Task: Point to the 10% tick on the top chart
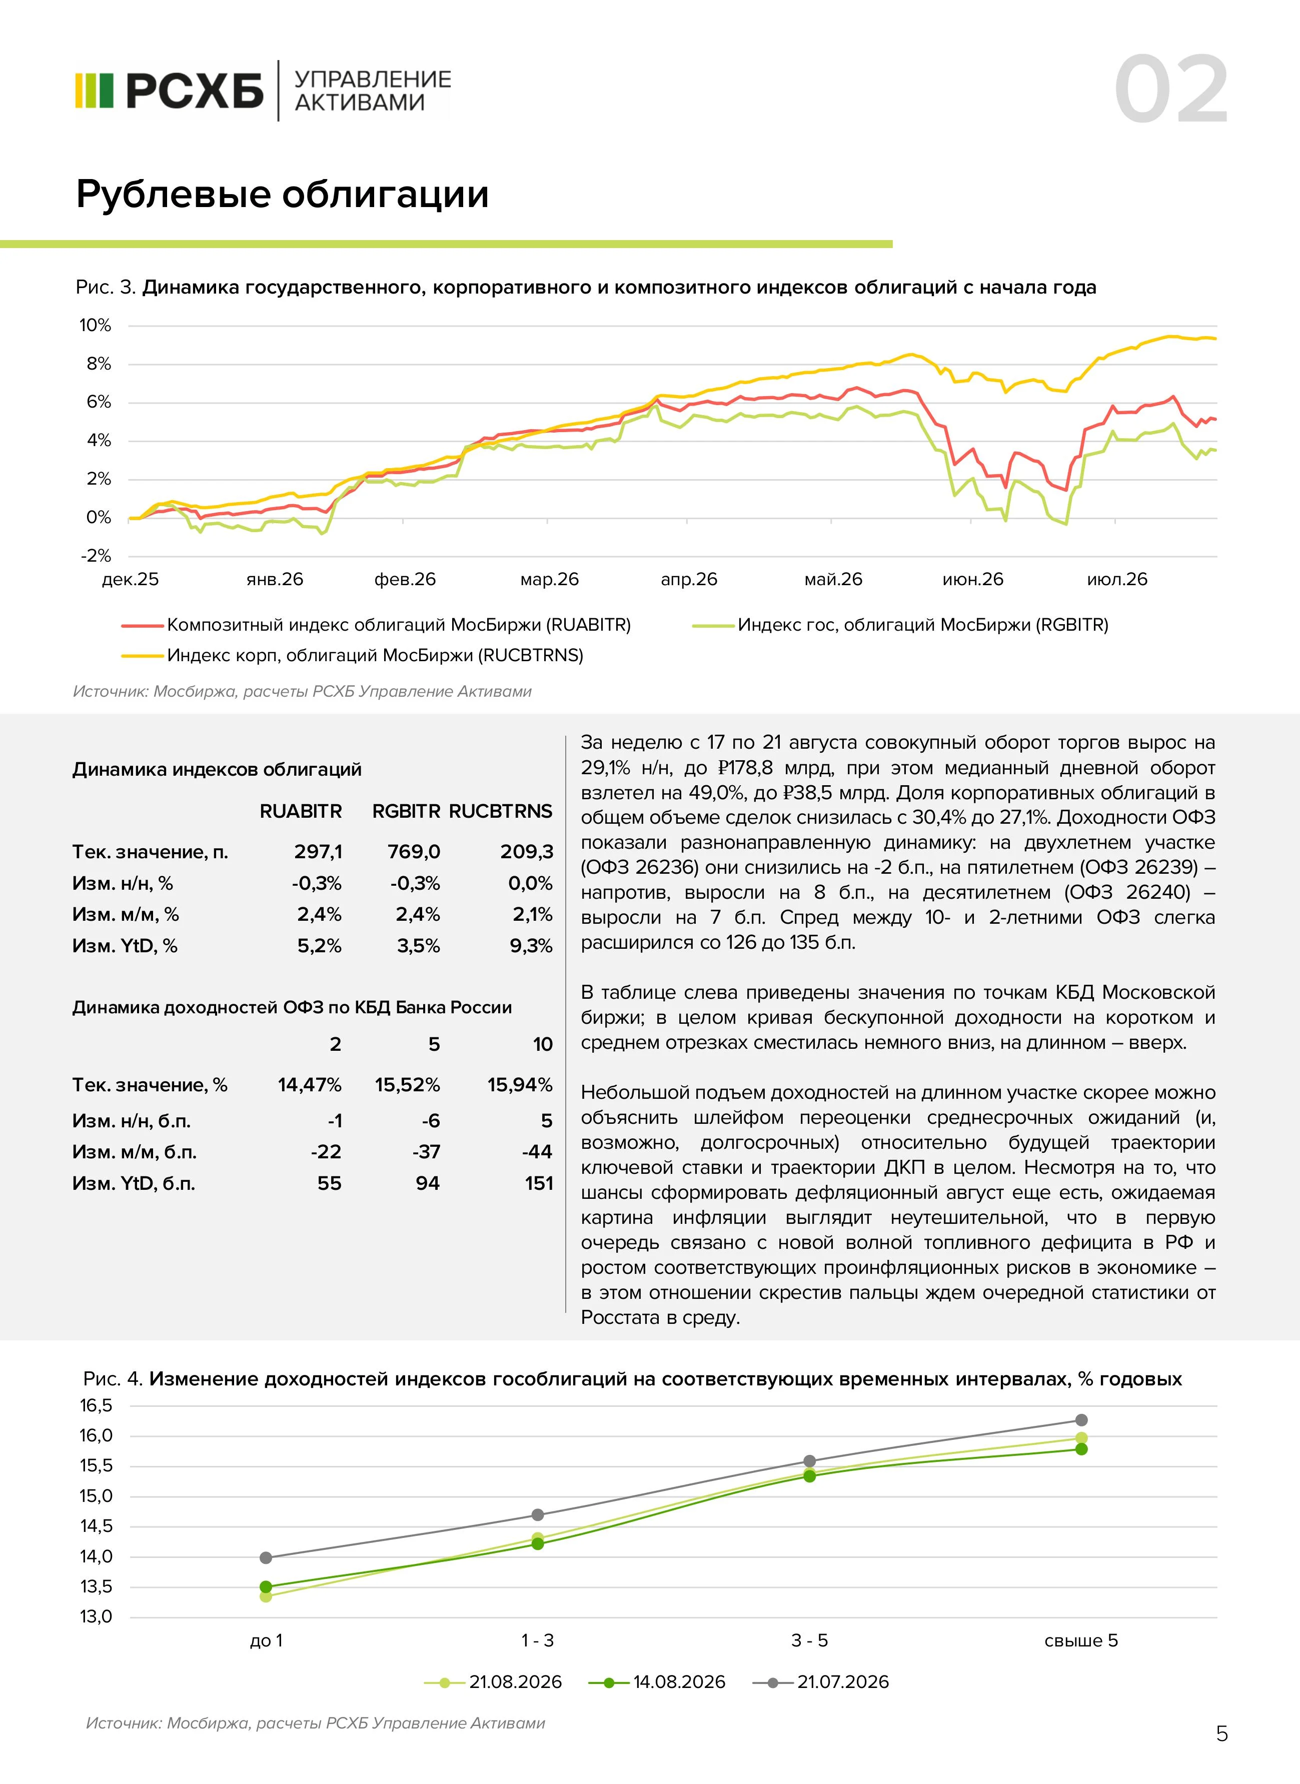95,325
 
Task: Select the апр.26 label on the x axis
689,579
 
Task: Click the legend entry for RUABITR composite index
376,625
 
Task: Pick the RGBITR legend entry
900,625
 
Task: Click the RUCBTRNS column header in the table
501,811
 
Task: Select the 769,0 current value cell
414,851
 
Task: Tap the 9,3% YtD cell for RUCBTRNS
531,945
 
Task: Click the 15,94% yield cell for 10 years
519,1084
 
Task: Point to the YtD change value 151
539,1183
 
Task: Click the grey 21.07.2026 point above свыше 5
1081,1419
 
